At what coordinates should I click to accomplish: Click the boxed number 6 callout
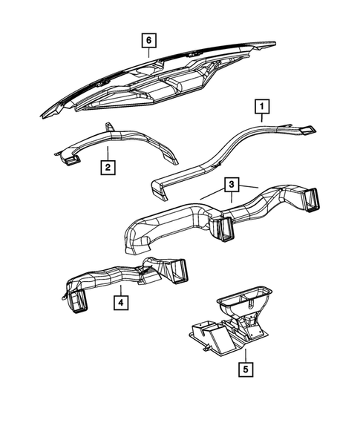point(148,39)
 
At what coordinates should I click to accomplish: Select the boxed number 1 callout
point(261,108)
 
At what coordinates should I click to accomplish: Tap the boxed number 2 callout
point(108,167)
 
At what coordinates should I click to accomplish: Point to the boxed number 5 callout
point(244,367)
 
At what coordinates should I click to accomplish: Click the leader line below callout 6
point(148,52)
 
